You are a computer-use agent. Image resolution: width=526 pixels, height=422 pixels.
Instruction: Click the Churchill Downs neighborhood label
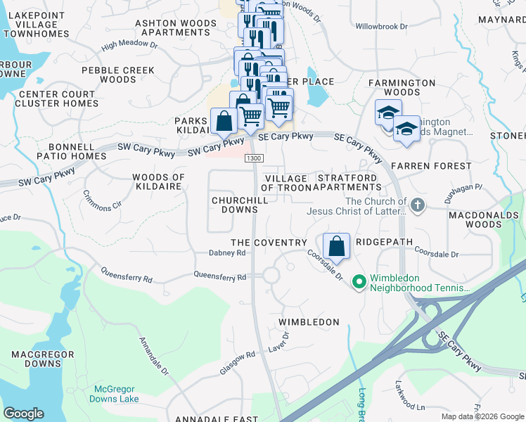point(239,205)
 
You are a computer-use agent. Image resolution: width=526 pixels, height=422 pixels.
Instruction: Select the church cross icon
point(418,206)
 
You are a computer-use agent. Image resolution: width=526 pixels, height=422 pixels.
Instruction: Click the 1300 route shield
point(255,158)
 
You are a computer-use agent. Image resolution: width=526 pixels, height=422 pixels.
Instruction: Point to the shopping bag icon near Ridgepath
point(337,247)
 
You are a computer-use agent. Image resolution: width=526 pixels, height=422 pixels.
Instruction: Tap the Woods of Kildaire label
point(158,182)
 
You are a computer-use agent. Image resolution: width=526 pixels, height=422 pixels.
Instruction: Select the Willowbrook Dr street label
point(381,27)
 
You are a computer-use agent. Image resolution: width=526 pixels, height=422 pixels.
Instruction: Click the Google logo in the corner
point(23,414)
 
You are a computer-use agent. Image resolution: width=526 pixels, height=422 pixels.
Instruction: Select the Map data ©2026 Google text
point(482,416)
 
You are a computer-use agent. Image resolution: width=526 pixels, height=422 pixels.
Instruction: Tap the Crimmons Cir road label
point(102,201)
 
